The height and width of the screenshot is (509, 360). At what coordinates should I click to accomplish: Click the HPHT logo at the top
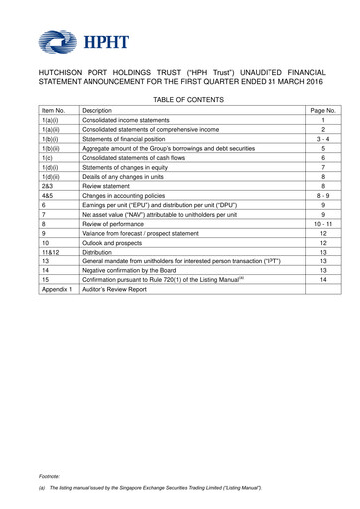[x=67, y=43]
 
